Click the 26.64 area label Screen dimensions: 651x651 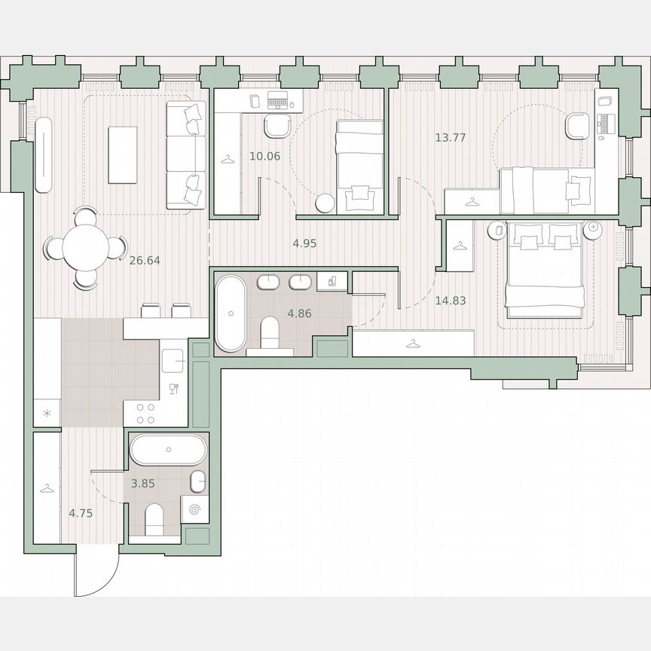145,261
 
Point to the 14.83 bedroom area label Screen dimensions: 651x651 451,300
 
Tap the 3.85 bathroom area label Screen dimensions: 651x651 143,484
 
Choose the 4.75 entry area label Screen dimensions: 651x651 81,514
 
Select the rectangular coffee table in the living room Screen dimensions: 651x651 122,154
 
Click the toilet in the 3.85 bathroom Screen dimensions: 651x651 154,518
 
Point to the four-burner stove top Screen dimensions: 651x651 145,413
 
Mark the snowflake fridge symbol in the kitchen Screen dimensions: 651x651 47,414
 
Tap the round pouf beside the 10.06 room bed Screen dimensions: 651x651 325,203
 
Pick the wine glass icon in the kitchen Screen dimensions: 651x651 174,389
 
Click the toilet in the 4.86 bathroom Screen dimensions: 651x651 270,332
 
